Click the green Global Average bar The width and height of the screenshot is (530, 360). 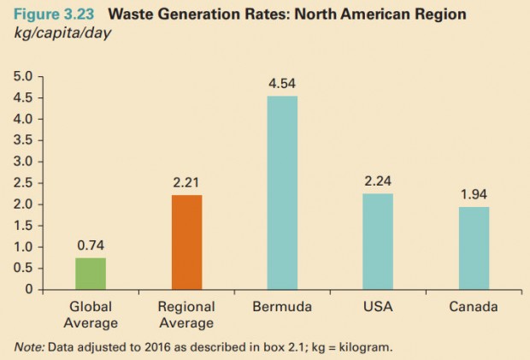(91, 274)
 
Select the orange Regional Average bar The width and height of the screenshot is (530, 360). (186, 242)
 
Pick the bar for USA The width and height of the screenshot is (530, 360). (377, 241)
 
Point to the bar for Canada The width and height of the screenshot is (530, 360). (473, 248)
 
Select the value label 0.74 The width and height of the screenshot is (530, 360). (91, 246)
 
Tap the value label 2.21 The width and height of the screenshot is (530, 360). (186, 184)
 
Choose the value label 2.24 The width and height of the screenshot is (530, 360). (377, 182)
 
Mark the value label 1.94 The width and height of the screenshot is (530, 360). (473, 195)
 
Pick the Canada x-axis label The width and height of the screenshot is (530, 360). (473, 305)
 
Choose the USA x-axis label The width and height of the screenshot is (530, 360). (377, 305)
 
